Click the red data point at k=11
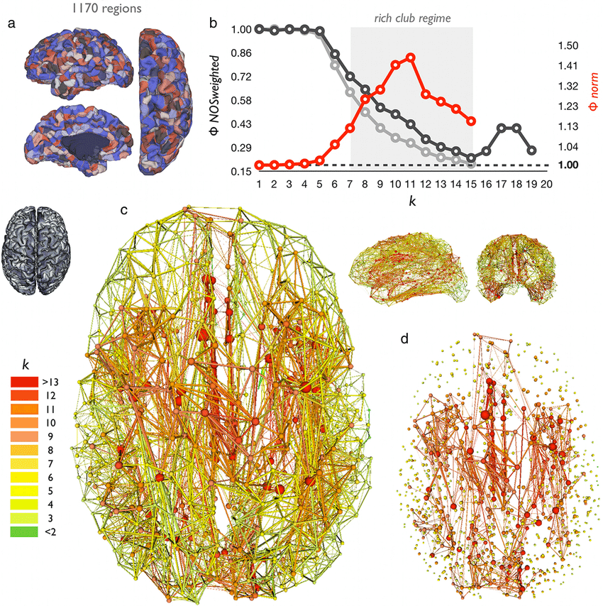(x=410, y=57)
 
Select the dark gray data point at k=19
(x=532, y=150)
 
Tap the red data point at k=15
(x=471, y=121)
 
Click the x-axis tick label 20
(x=546, y=184)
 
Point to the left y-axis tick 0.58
(x=241, y=101)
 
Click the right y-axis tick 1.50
(x=568, y=45)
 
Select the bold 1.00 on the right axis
(x=568, y=165)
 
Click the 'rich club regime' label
(x=412, y=18)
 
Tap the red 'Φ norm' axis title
(x=593, y=92)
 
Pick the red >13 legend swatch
(x=24, y=382)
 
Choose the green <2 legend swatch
(x=24, y=531)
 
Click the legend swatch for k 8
(x=24, y=450)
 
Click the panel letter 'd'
(x=404, y=338)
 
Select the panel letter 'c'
(x=123, y=211)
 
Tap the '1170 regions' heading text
(x=106, y=8)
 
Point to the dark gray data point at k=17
(x=502, y=128)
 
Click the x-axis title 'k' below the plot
(x=412, y=201)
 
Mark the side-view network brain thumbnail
(x=409, y=268)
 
